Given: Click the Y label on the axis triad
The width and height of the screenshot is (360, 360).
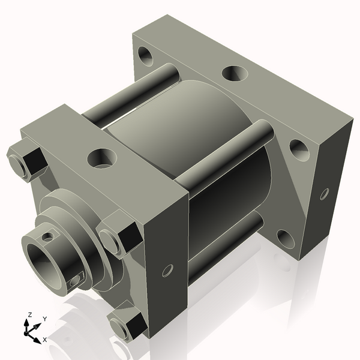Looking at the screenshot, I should tap(44, 319).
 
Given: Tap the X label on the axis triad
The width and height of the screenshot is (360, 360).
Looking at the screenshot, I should tap(45, 340).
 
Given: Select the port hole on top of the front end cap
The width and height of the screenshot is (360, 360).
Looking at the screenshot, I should tap(101, 158).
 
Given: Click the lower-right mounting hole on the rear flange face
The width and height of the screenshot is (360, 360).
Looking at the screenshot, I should tap(286, 239).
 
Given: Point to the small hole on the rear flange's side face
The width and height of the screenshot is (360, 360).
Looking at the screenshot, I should tap(324, 193).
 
